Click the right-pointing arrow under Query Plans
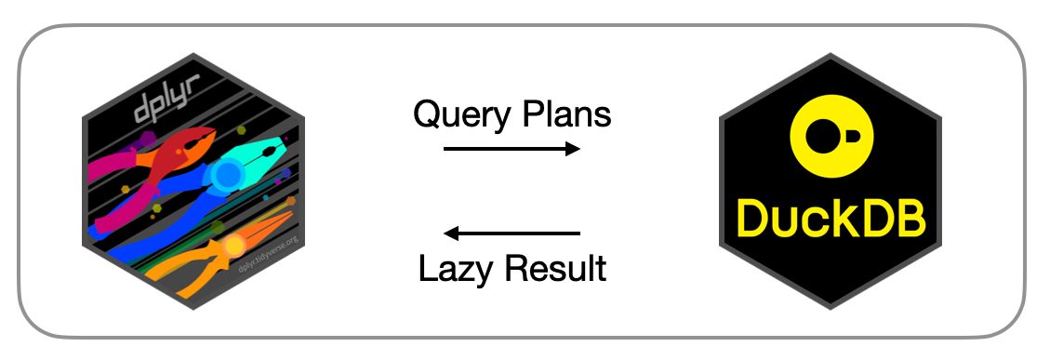(512, 149)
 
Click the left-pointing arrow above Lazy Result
(512, 233)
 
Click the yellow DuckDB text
(831, 218)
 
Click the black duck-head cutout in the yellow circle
(828, 137)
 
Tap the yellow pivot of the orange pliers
(233, 246)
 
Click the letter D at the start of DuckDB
(753, 218)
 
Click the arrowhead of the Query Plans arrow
(573, 149)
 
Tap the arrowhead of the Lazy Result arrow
(451, 233)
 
